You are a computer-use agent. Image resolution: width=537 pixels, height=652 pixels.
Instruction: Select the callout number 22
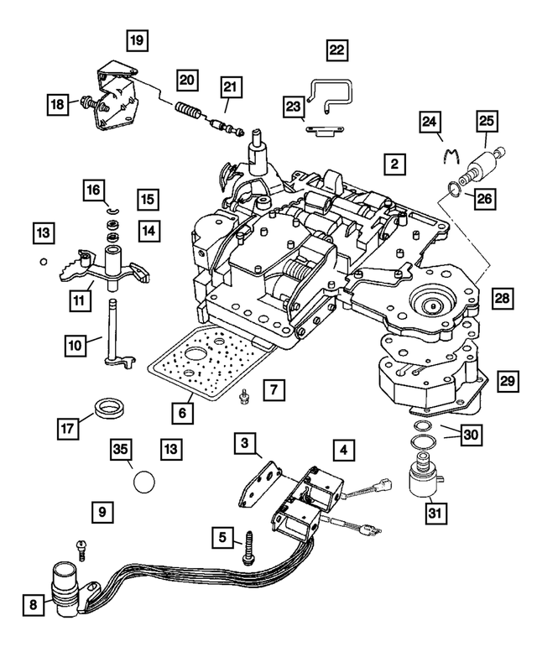click(x=336, y=50)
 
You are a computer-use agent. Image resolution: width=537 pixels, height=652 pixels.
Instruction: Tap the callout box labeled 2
click(x=393, y=164)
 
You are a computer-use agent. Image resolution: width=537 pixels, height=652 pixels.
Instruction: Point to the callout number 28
click(x=502, y=299)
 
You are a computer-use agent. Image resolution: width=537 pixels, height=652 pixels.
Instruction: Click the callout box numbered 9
click(x=102, y=510)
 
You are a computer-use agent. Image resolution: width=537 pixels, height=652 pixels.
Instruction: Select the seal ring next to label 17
click(x=109, y=409)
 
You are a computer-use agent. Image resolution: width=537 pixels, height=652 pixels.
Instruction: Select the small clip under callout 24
click(x=452, y=156)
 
